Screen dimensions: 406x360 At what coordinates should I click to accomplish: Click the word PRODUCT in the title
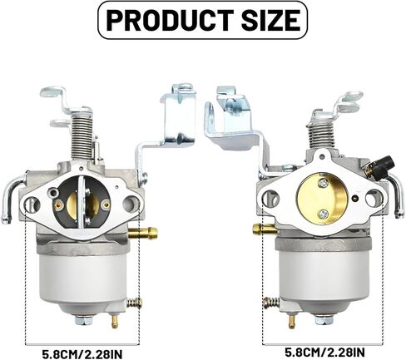(x=168, y=20)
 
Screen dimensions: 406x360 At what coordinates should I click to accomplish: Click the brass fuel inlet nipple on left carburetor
(x=144, y=231)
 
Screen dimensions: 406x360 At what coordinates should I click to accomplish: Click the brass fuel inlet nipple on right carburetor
(x=265, y=229)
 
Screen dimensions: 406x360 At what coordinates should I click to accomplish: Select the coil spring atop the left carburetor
(x=82, y=141)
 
